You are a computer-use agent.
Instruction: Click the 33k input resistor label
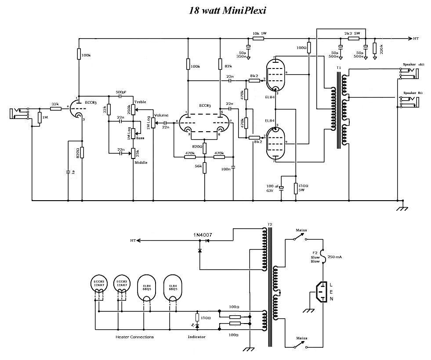[55, 104]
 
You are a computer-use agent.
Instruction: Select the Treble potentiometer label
[140, 102]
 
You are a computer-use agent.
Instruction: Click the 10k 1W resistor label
[260, 33]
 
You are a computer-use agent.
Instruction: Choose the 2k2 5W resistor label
[352, 33]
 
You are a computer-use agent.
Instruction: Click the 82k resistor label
[228, 66]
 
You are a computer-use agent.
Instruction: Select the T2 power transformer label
[270, 225]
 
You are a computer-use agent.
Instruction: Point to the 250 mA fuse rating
[335, 257]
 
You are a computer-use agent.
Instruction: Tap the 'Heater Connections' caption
[135, 337]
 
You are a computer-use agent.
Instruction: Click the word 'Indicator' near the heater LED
[196, 337]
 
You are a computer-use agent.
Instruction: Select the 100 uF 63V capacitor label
[272, 189]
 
